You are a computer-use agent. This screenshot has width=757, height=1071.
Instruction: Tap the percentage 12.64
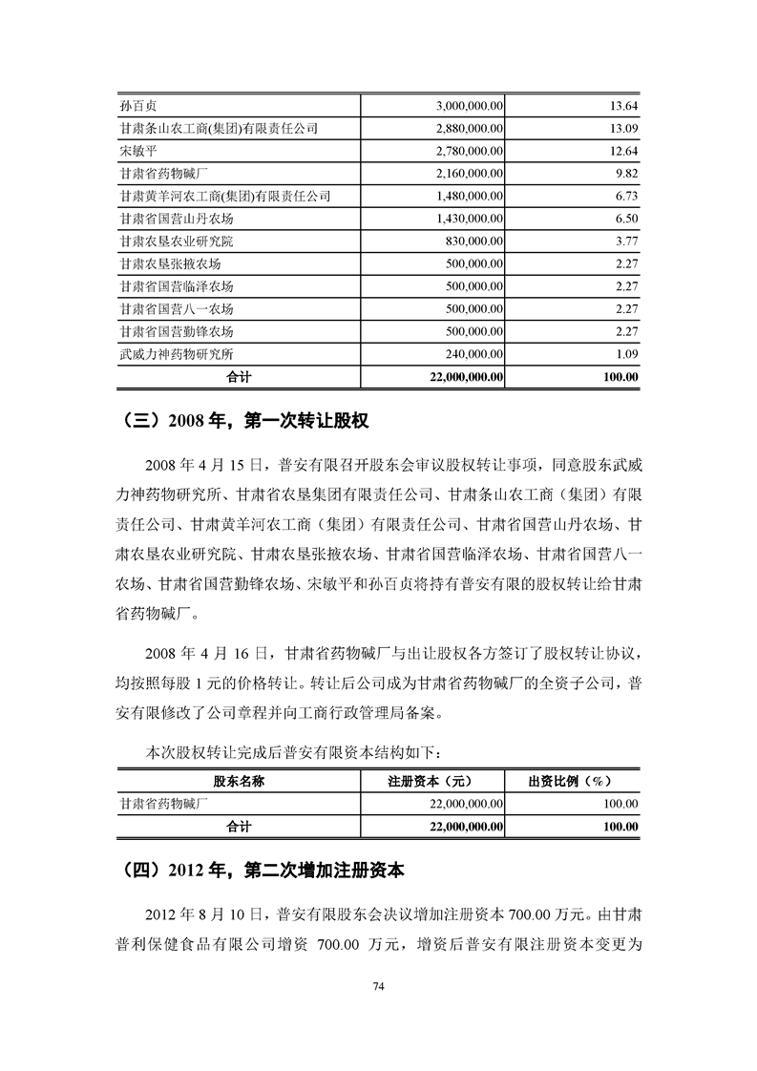(x=623, y=151)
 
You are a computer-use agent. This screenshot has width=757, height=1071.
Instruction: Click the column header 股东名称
(x=239, y=781)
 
